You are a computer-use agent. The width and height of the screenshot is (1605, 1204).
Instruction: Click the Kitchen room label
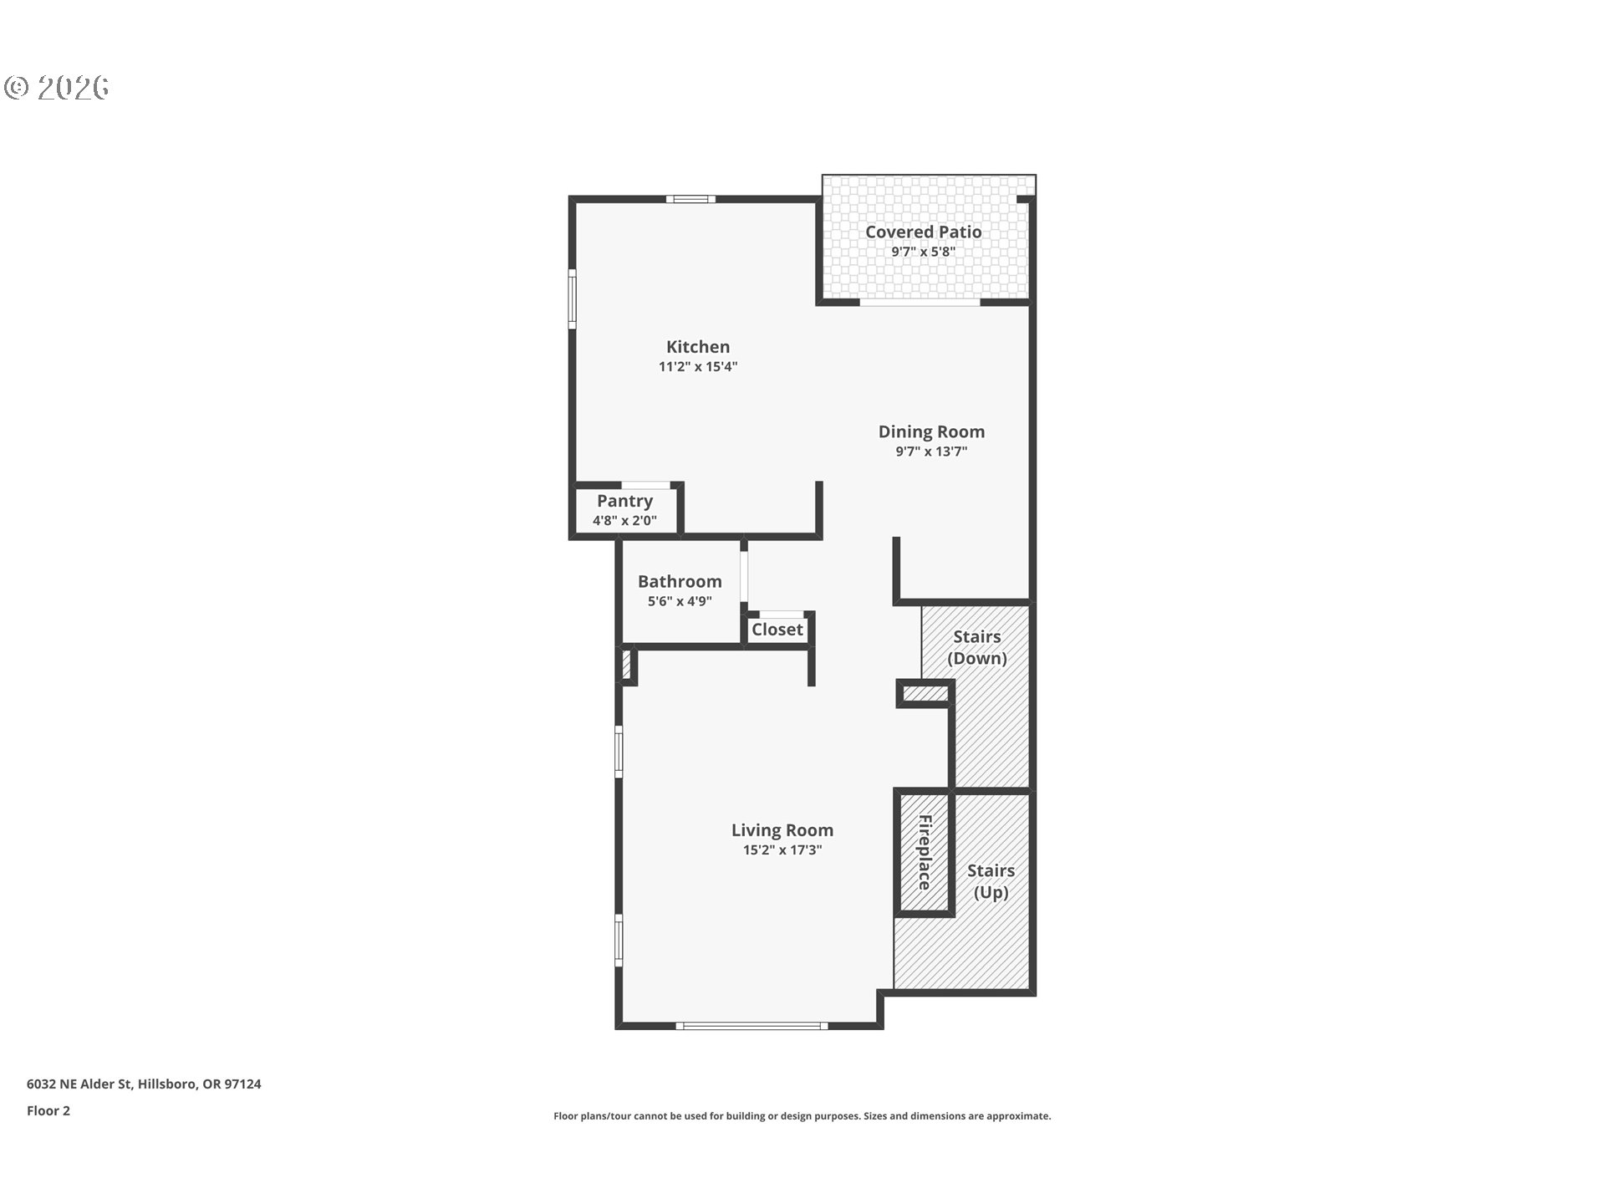click(698, 347)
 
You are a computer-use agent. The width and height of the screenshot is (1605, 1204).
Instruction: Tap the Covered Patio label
click(923, 232)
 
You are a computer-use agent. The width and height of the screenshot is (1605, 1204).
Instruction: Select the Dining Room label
click(931, 431)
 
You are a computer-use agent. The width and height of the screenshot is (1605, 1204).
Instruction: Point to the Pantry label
click(624, 501)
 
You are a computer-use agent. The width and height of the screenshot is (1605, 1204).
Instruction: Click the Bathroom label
click(680, 581)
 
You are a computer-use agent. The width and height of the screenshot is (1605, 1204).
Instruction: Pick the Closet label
click(777, 630)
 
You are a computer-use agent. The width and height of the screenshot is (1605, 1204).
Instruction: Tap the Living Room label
click(782, 830)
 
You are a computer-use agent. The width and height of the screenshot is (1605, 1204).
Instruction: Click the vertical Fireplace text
click(925, 853)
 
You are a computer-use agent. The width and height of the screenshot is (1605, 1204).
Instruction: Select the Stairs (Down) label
click(977, 647)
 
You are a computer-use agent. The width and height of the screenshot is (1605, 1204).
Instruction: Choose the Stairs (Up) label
click(991, 881)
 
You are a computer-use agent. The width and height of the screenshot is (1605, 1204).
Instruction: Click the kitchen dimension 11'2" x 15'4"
click(698, 366)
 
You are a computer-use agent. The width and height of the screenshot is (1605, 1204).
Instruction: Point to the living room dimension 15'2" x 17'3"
click(782, 850)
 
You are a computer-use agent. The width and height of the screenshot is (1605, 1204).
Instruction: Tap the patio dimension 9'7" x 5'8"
click(923, 252)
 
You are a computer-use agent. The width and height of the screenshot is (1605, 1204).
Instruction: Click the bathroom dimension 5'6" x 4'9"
click(680, 601)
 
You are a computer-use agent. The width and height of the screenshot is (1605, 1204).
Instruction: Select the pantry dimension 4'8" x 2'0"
click(624, 521)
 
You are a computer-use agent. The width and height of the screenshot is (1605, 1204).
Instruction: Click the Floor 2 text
click(48, 1110)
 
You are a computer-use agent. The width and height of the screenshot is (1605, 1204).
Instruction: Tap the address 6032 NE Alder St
click(79, 1084)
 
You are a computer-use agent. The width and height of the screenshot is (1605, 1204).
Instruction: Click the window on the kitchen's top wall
click(691, 199)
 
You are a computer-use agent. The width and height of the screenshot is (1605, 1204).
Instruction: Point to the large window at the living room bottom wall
click(752, 1026)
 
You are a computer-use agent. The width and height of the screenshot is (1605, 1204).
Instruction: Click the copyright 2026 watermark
click(57, 88)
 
